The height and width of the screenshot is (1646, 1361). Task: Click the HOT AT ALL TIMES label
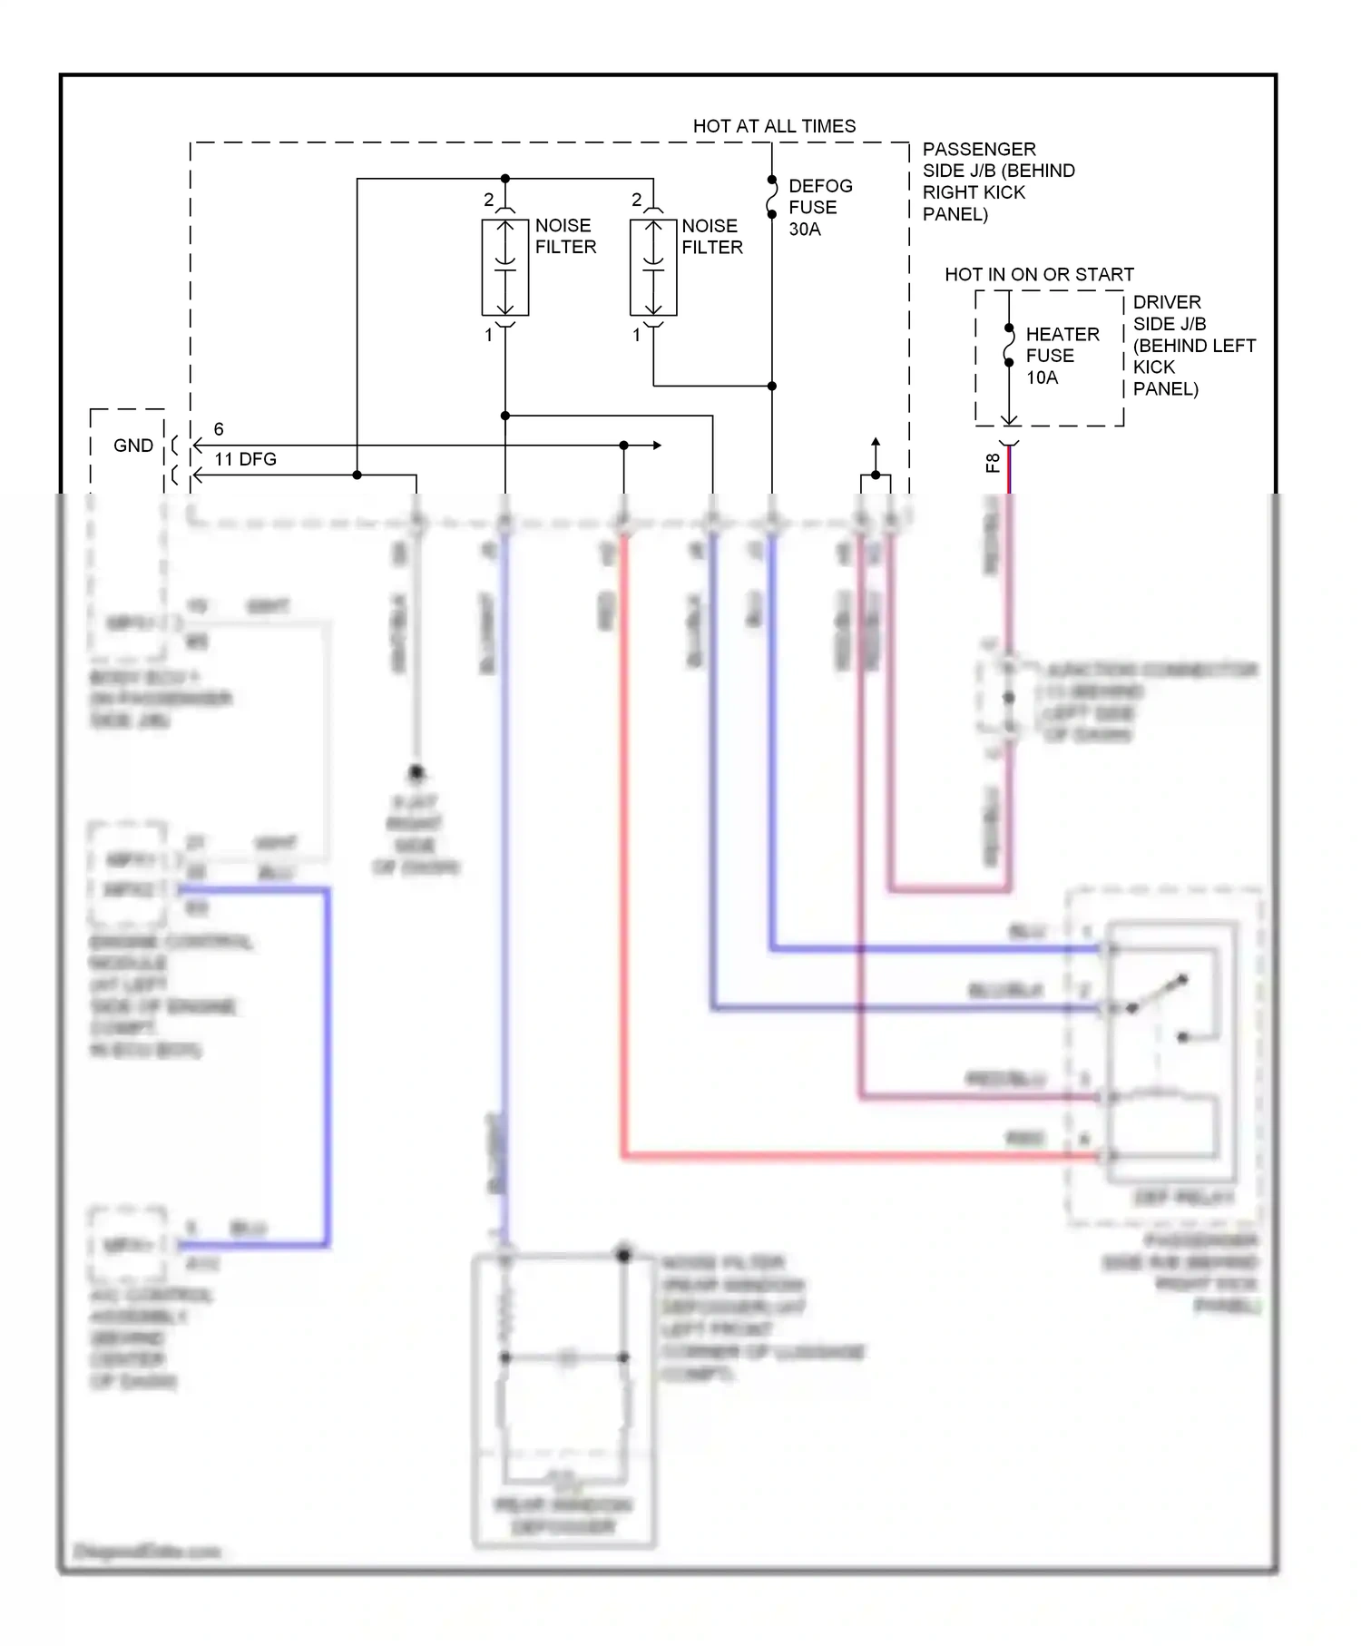(774, 126)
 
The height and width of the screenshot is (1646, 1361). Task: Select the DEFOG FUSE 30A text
(819, 208)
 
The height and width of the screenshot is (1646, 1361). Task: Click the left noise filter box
(505, 268)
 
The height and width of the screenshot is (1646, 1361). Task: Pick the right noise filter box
(653, 268)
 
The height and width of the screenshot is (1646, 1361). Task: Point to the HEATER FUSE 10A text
(1062, 356)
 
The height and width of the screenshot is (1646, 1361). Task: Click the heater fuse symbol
(1009, 346)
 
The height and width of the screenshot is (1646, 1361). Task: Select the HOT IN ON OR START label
(1039, 274)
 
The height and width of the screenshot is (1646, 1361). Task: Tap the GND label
(132, 446)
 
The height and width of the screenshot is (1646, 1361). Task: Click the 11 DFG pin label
(245, 459)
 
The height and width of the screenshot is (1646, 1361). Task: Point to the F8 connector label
(994, 463)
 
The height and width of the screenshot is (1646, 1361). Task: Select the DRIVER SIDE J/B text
(1192, 345)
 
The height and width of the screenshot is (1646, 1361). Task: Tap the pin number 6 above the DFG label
(219, 429)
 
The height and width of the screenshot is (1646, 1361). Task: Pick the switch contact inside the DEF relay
(1157, 994)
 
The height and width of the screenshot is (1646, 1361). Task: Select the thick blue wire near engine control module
(326, 1062)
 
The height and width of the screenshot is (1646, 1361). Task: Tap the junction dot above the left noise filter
(505, 179)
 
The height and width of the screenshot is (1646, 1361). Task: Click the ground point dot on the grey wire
(416, 773)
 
